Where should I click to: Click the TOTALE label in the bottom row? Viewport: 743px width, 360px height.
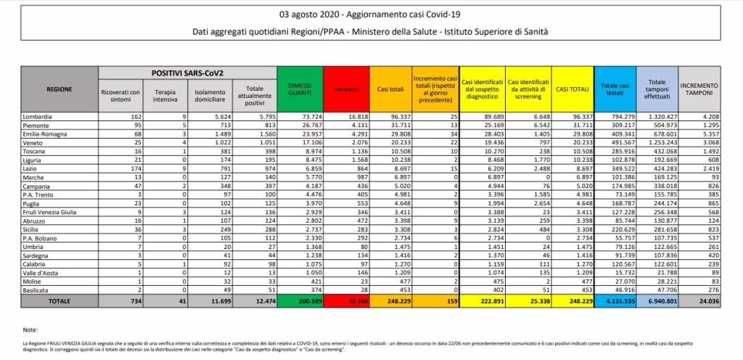tap(59, 301)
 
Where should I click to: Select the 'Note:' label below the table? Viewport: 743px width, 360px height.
tap(30, 330)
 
